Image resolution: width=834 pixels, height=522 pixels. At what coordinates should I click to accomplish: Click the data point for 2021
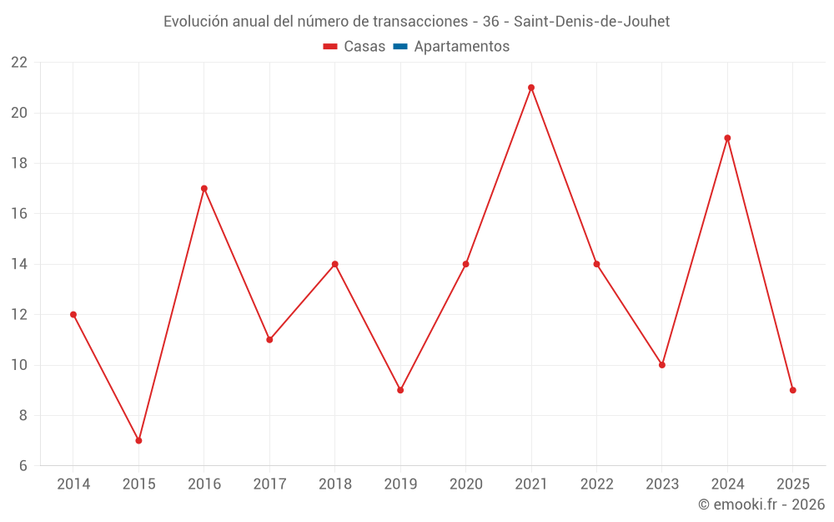click(x=531, y=88)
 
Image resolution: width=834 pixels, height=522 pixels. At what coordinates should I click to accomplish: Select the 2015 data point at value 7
click(x=138, y=440)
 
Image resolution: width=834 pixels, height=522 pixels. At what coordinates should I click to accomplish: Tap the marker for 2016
click(x=204, y=189)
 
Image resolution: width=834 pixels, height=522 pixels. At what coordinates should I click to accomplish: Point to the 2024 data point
click(x=727, y=138)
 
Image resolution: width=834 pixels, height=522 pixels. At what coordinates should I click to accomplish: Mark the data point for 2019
click(x=400, y=390)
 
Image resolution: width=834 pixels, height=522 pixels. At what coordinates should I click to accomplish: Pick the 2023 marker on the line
click(x=662, y=365)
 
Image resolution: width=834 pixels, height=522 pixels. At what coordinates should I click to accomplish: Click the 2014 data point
click(x=73, y=315)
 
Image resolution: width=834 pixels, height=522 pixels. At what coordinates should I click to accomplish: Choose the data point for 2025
click(x=793, y=390)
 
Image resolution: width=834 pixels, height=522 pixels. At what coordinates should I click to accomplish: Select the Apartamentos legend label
click(x=461, y=47)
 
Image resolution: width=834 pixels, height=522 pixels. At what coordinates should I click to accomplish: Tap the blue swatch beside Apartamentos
click(x=400, y=47)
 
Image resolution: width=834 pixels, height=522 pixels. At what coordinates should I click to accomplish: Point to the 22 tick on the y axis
click(x=19, y=63)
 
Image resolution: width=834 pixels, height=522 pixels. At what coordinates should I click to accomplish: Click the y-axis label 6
click(x=23, y=466)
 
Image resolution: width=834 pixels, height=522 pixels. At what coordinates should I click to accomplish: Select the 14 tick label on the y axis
click(x=19, y=264)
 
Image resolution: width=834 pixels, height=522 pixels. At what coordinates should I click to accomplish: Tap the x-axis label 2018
click(x=335, y=484)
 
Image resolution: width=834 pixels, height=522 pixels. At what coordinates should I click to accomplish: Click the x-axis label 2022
click(x=596, y=484)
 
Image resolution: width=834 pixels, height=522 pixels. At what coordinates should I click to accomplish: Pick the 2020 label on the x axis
click(x=466, y=484)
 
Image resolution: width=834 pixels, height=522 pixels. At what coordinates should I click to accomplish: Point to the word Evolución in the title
click(x=194, y=22)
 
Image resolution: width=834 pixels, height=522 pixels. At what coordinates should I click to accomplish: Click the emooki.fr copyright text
click(x=761, y=504)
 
